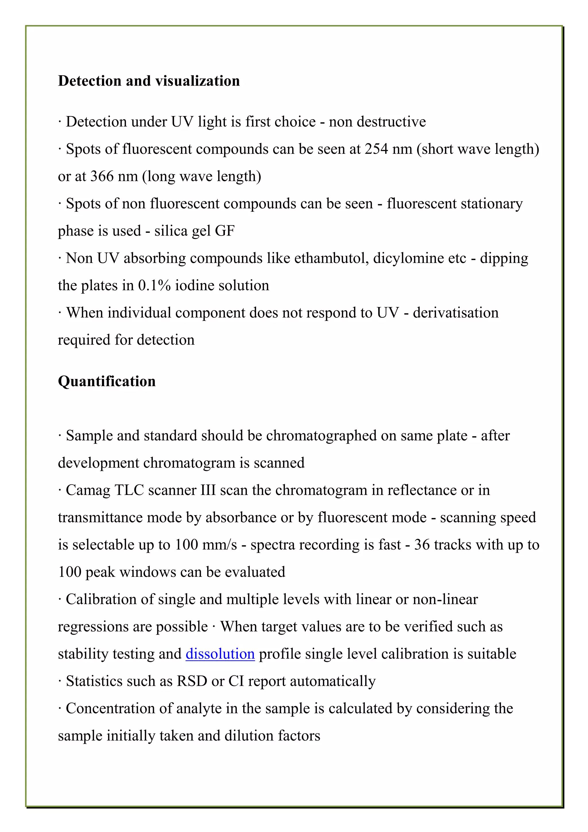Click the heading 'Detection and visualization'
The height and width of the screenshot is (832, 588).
[x=149, y=81]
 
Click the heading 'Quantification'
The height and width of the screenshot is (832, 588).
[x=107, y=381]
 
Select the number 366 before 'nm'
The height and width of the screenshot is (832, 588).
[x=102, y=176]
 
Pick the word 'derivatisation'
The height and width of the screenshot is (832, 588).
[x=455, y=313]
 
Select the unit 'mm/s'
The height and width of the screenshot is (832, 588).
[x=219, y=545]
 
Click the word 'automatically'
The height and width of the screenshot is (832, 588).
[x=333, y=681]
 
